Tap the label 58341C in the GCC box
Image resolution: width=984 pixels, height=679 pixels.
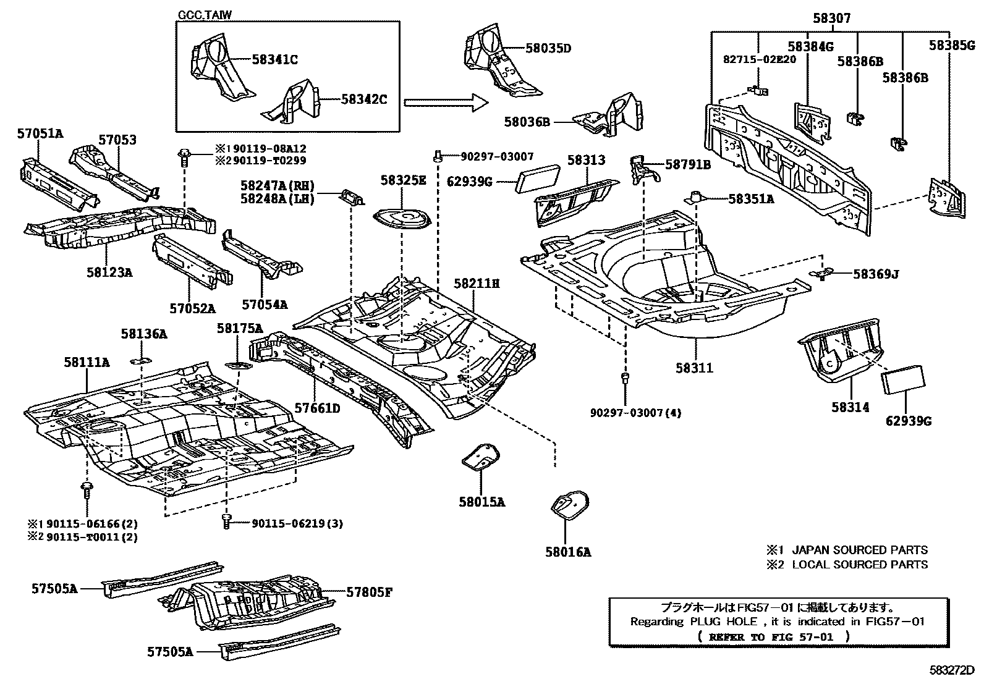click(x=275, y=60)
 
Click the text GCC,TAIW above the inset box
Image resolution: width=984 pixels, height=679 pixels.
click(x=205, y=15)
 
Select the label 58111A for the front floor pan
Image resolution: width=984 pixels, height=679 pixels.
click(x=87, y=363)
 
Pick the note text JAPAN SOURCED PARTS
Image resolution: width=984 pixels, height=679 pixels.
click(x=859, y=550)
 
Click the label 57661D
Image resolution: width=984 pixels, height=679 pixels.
click(x=317, y=408)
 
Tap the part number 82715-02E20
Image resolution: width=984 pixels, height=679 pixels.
click(x=759, y=59)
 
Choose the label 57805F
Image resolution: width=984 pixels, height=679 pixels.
click(x=369, y=593)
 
